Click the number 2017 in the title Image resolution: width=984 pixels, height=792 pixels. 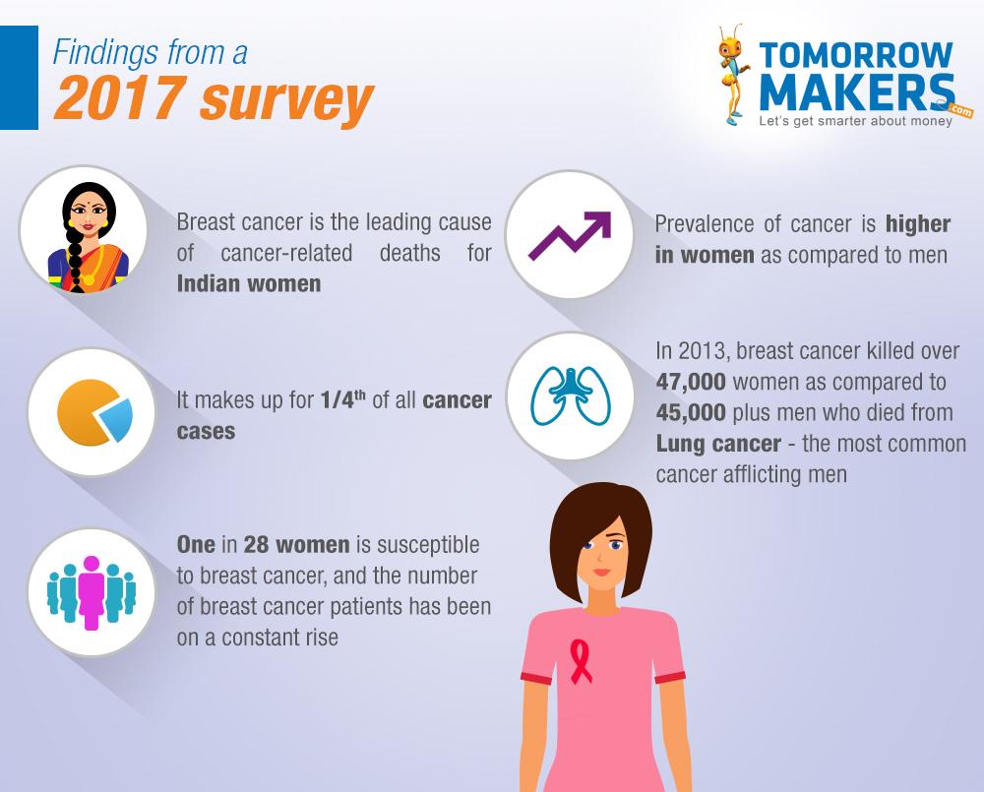pos(121,97)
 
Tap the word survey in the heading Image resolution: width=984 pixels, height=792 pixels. pos(286,101)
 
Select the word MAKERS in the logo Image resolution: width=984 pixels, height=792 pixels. pos(857,92)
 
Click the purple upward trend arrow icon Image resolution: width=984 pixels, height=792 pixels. pos(570,235)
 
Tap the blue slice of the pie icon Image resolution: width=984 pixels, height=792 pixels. pos(116,419)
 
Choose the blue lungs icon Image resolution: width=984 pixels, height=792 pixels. pos(571,396)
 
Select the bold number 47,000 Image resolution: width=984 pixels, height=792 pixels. pos(691,382)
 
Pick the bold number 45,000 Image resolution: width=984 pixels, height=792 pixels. pos(691,412)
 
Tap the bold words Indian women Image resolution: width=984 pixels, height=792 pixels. pos(249,283)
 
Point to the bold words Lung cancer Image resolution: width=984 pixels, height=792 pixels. pos(718,444)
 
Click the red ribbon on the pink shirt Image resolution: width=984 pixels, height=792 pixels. pos(581,662)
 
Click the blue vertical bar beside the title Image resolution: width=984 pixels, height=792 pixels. pos(19,77)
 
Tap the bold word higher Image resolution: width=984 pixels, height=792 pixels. pos(918,224)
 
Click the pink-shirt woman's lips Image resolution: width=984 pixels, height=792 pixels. pos(601,572)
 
